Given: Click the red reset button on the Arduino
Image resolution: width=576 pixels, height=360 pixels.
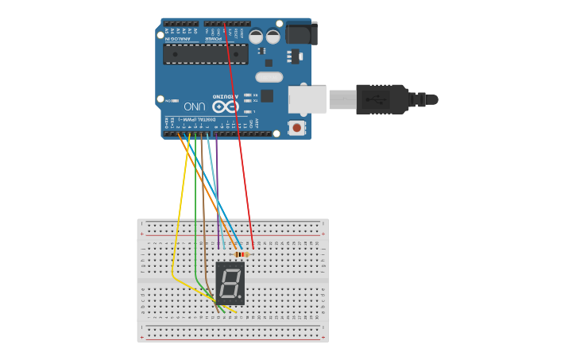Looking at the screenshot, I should click(296, 127).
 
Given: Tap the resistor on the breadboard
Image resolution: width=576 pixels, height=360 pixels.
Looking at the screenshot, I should click(242, 254).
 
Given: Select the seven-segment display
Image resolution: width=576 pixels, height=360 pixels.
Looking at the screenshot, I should click(230, 283).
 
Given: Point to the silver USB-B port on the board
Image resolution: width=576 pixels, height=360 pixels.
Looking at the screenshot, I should click(307, 100).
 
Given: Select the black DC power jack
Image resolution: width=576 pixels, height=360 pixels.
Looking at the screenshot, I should click(300, 33).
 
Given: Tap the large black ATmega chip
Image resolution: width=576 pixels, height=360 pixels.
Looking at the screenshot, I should click(205, 54).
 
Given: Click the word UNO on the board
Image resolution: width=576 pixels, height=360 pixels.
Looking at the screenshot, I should click(195, 106).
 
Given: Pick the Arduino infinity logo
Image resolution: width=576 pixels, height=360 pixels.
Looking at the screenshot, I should click(225, 106).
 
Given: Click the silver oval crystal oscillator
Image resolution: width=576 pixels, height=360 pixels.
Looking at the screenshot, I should click(269, 77).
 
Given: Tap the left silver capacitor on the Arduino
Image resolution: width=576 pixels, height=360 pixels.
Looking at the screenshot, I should click(256, 37).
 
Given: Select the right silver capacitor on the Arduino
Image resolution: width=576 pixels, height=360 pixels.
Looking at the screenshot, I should click(273, 37).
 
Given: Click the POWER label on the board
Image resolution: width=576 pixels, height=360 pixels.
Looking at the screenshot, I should click(214, 38).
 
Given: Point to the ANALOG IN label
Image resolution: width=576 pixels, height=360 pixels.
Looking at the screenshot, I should click(179, 38).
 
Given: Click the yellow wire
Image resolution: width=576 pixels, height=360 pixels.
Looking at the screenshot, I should click(180, 207).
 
